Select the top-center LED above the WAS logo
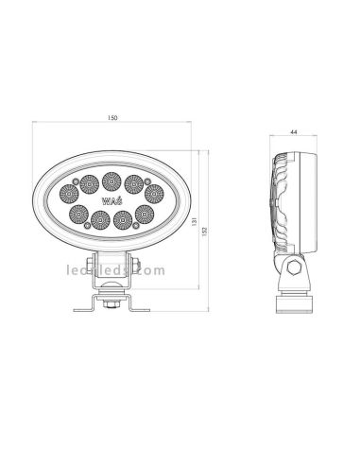point(111,177)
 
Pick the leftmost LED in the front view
point(69,193)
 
